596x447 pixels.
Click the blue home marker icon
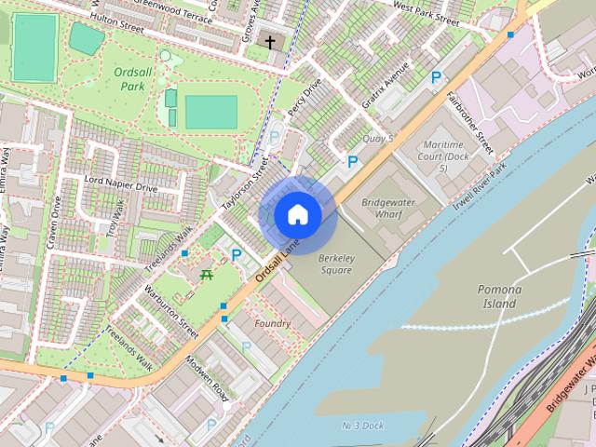point(298,215)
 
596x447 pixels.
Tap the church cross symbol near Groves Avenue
point(271,42)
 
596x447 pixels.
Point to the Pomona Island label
point(499,296)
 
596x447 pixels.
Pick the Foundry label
point(272,323)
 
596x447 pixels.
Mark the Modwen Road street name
point(207,379)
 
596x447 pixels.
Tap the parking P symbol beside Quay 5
point(352,162)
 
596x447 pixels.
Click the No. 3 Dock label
point(362,426)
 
